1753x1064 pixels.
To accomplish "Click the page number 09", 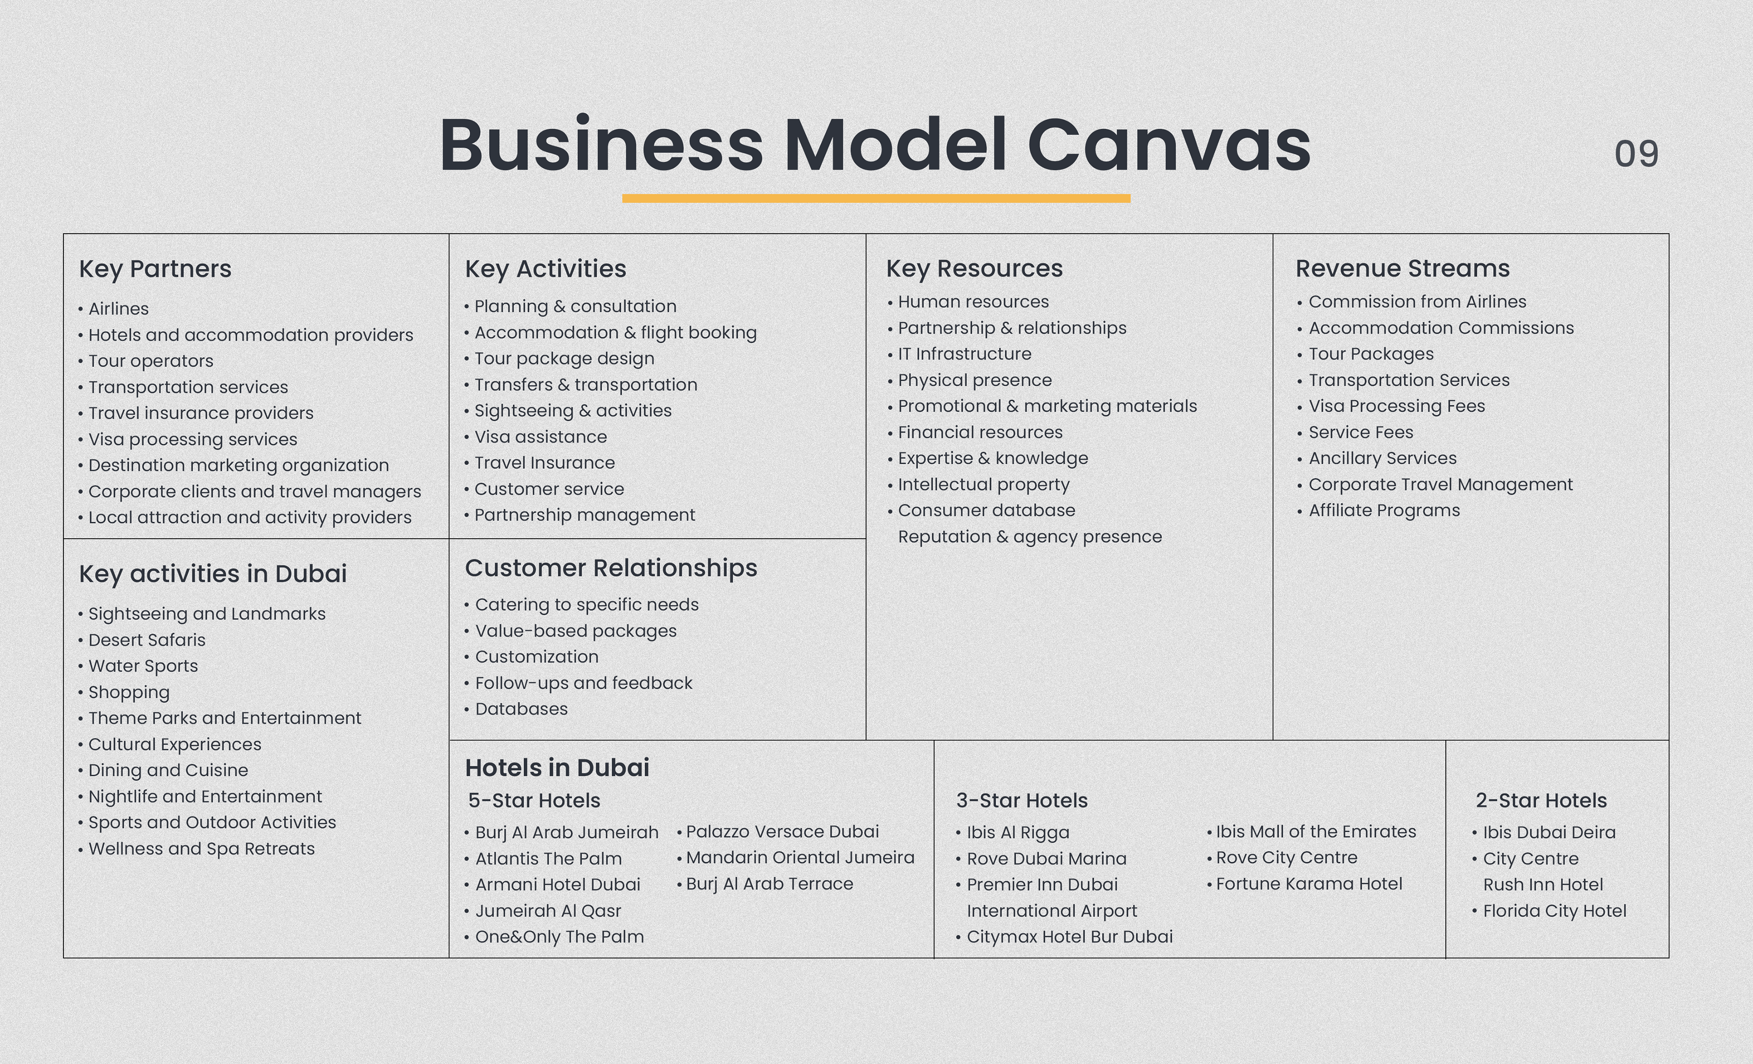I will pos(1636,154).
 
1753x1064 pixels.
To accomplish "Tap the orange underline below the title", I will pos(876,199).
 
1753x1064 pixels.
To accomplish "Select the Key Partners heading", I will pos(155,269).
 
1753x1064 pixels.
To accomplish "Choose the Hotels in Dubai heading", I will pos(556,767).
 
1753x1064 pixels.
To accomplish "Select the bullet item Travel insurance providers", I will pos(200,413).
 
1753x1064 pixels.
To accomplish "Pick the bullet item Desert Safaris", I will pos(147,640).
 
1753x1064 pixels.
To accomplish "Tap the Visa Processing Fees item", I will pos(1396,406).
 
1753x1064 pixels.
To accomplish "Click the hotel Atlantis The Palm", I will pos(548,859).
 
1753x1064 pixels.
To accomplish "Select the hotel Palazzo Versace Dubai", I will pos(782,831).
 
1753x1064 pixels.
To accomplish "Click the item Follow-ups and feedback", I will pos(583,683).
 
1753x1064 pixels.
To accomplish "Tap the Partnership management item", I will pos(584,515).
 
